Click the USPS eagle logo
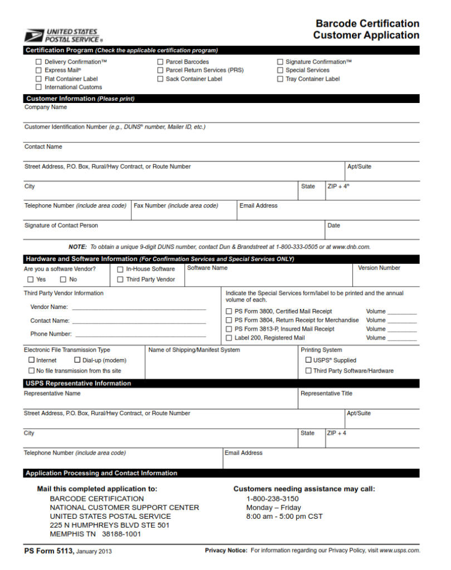click(x=33, y=36)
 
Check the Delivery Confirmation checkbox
click(x=39, y=62)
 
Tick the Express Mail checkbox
click(x=39, y=71)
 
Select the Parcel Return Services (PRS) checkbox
click(x=160, y=71)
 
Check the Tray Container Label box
click(x=280, y=79)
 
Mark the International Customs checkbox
click(x=39, y=87)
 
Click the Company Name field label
click(x=46, y=107)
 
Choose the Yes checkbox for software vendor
click(x=30, y=279)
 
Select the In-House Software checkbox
click(x=120, y=269)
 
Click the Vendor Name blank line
click(x=139, y=307)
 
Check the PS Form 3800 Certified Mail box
click(x=229, y=312)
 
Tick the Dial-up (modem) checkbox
click(x=77, y=360)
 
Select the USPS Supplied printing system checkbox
click(x=308, y=360)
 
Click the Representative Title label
click(x=326, y=394)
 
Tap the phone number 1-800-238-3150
click(x=272, y=499)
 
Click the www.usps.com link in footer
click(x=400, y=551)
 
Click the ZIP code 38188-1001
click(x=121, y=534)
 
